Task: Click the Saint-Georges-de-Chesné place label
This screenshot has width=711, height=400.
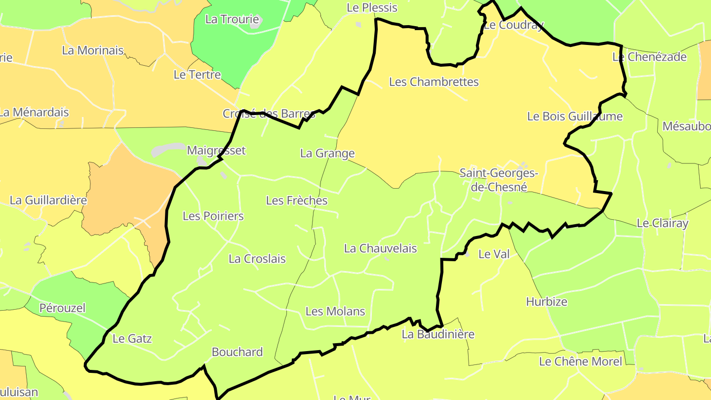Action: (x=498, y=180)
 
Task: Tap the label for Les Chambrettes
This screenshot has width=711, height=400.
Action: (x=434, y=82)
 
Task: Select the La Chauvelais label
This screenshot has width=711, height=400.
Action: (x=380, y=248)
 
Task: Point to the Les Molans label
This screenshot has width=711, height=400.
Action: (x=335, y=311)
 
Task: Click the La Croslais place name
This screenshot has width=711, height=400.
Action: (x=257, y=259)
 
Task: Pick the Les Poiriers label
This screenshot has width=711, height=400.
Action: (x=213, y=216)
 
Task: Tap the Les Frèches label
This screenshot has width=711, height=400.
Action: (x=297, y=200)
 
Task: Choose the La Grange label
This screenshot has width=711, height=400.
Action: (x=327, y=153)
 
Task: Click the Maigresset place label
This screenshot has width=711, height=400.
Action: (x=216, y=151)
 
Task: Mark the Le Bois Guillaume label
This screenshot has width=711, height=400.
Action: (x=575, y=117)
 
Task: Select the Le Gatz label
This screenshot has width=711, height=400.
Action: (x=132, y=339)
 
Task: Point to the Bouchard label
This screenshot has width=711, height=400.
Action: (x=237, y=352)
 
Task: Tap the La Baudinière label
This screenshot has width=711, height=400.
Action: (x=438, y=334)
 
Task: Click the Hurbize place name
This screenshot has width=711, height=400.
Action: (x=547, y=302)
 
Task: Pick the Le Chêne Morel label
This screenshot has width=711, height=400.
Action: (x=581, y=361)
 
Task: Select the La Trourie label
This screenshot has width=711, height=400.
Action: (x=232, y=20)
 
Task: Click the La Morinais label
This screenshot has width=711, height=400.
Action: (x=93, y=50)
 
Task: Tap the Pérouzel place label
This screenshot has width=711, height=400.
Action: (x=63, y=308)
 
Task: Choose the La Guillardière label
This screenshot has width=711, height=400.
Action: (x=48, y=200)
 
